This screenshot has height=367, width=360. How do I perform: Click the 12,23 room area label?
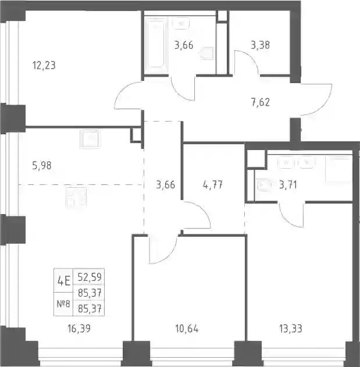(x=44, y=66)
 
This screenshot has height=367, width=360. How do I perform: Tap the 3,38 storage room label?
(x=261, y=45)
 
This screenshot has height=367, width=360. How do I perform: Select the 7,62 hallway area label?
(x=261, y=102)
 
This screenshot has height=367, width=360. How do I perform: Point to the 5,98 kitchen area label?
(x=42, y=166)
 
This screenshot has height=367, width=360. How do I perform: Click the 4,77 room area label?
(x=212, y=185)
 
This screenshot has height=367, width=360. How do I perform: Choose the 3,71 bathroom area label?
(x=288, y=185)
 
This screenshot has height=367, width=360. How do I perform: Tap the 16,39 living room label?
(x=79, y=329)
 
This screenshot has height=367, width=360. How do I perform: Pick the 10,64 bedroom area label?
(x=187, y=329)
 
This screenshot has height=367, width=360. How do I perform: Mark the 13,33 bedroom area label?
(x=290, y=329)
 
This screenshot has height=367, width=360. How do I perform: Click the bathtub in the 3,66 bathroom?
(x=156, y=45)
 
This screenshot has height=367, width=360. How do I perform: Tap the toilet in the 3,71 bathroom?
(x=263, y=185)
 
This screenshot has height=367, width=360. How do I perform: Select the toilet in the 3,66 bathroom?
(x=208, y=54)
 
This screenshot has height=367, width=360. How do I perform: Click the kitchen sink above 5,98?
(x=90, y=139)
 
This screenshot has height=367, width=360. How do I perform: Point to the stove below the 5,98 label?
(x=76, y=198)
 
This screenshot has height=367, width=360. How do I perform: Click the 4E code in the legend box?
(x=63, y=281)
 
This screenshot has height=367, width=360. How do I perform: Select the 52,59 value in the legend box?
(x=90, y=277)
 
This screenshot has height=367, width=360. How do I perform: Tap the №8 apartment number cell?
(x=63, y=304)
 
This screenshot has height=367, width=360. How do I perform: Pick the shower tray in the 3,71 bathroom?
(x=338, y=168)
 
